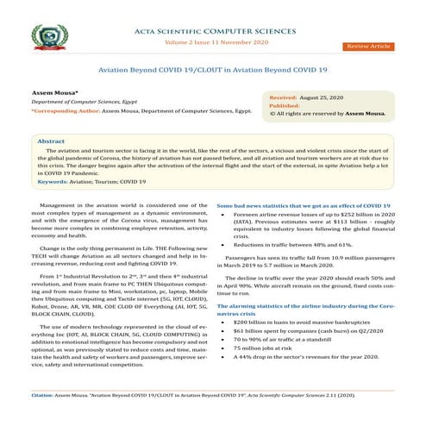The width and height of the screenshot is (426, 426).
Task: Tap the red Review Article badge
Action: pos(368,45)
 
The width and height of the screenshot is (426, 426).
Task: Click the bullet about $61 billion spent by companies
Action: pos(304,330)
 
